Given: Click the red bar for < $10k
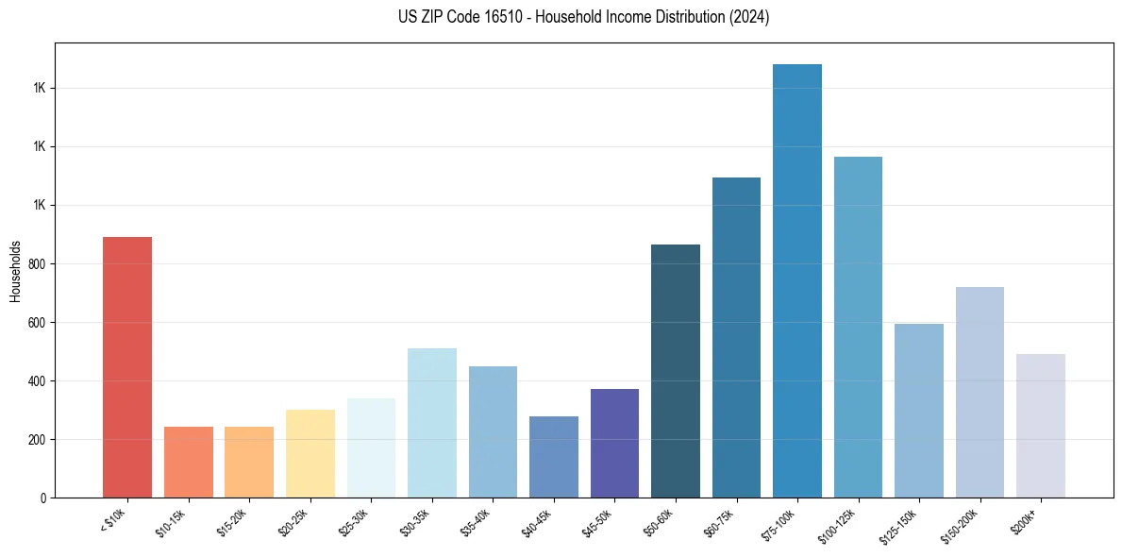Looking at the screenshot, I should (127, 367).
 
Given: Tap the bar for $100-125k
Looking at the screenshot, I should (858, 327).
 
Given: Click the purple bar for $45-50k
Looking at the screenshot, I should (614, 443).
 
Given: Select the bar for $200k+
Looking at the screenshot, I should (1041, 426).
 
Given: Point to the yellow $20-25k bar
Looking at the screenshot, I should (310, 453).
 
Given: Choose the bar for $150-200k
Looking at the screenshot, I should (980, 392).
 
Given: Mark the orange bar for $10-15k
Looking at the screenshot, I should (189, 462).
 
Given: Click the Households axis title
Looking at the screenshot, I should (16, 270).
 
